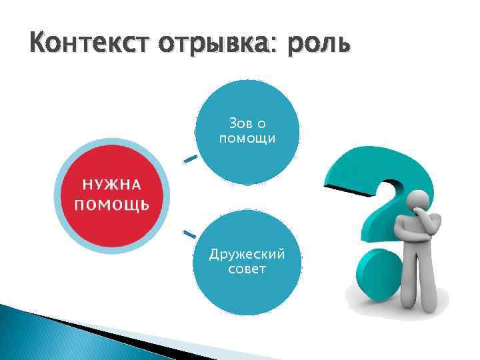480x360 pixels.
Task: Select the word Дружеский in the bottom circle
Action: pos(247,255)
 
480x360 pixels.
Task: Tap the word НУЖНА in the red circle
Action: pos(111,185)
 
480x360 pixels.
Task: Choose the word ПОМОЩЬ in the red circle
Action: pos(111,203)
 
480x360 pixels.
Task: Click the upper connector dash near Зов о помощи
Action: pos(190,159)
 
